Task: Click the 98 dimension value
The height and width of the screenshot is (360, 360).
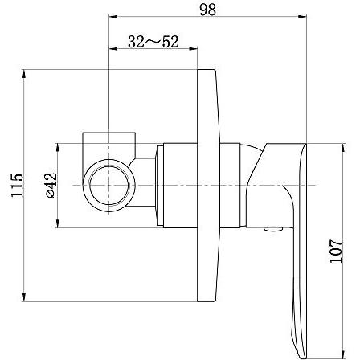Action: pos(207,10)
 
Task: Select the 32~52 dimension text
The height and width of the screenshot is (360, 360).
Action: pos(153,42)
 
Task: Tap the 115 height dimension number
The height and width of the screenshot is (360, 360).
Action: pos(17,186)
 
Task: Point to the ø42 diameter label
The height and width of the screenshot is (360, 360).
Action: pos(51,185)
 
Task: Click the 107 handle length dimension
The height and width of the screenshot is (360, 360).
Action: pos(336,251)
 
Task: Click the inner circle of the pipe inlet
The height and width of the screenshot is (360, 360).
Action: pos(109,186)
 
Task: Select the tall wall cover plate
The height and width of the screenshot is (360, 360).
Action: pos(208,186)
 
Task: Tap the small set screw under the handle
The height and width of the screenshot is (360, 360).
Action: pos(273,229)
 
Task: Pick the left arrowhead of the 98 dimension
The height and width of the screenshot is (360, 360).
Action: pos(112,17)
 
